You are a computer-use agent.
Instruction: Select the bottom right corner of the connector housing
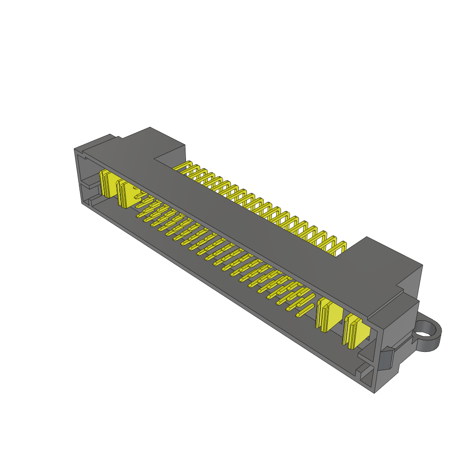tap(375, 392)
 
